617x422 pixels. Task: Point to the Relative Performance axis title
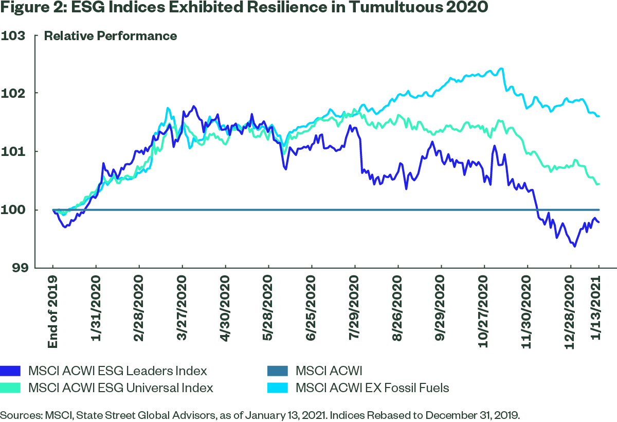111,36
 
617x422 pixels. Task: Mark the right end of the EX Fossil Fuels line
599,116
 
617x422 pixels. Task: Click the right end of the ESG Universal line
599,184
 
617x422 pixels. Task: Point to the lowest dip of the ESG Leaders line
574,247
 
